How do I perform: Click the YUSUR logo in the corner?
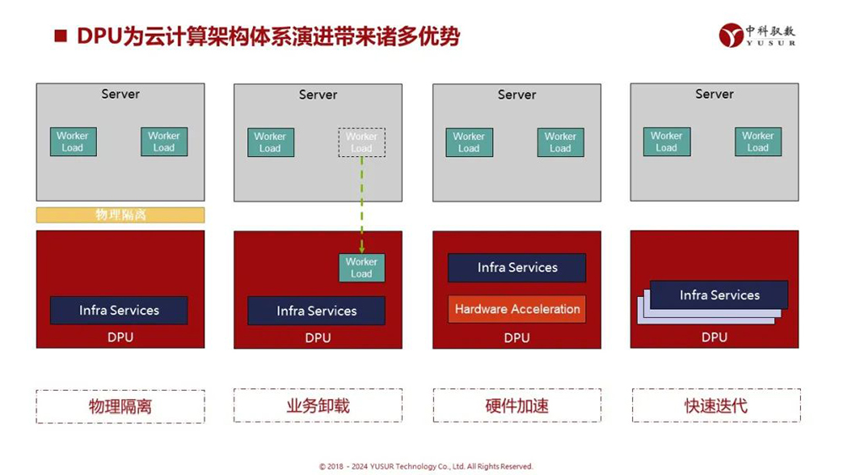pos(756,35)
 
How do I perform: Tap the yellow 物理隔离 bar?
pos(121,215)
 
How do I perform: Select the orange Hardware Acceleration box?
pos(517,309)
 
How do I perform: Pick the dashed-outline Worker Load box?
pos(362,142)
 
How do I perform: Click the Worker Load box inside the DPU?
pos(362,267)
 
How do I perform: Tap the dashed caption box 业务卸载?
pos(318,406)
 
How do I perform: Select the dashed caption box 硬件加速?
pos(517,406)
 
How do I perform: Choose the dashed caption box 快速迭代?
pos(715,406)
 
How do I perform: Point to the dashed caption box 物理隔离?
pos(121,406)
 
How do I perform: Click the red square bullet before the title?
pos(60,36)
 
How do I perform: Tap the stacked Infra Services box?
pos(719,295)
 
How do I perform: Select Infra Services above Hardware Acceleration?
pos(517,267)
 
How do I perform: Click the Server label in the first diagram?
pos(121,94)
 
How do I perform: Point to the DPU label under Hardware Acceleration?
pos(517,337)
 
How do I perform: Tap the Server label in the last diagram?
pos(715,94)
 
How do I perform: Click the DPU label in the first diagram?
pos(121,337)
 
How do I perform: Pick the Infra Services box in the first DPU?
pos(119,310)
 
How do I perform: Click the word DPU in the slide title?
pos(96,36)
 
